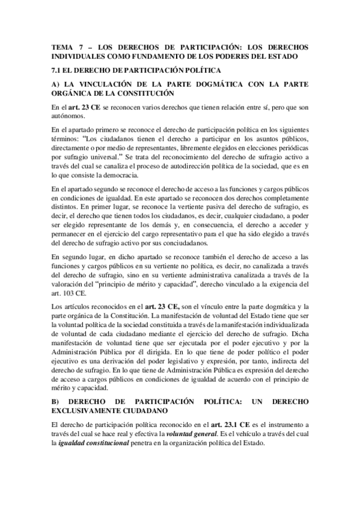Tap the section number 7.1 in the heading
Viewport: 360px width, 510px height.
pos(58,71)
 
